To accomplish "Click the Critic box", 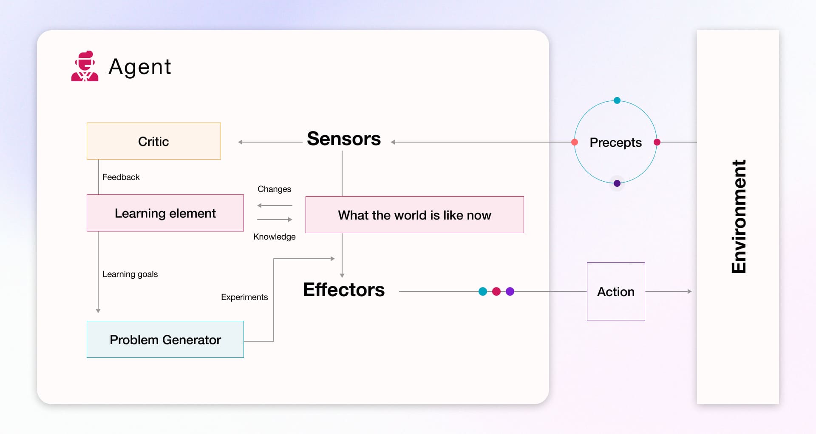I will coord(153,141).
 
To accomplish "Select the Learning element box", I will coord(165,213).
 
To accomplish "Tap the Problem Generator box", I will coord(165,340).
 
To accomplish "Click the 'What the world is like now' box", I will coord(414,215).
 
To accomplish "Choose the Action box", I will coord(616,291).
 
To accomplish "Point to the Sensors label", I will coord(343,139).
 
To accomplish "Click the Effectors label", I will coord(343,290).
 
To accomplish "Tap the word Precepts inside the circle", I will coord(615,143).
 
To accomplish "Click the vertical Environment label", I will coord(739,217).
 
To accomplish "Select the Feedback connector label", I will coord(121,177).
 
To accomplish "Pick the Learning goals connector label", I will coord(130,274).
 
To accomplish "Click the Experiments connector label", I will coord(244,297).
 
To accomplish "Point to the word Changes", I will coord(274,189).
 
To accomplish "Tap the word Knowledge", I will coord(274,237).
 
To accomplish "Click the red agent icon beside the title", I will coord(85,66).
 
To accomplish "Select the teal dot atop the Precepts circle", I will coord(617,100).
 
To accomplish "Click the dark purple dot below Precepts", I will coord(617,183).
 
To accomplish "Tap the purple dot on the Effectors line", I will coord(510,291).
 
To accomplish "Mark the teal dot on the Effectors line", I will coord(483,291).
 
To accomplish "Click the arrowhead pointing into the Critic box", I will coord(241,142).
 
